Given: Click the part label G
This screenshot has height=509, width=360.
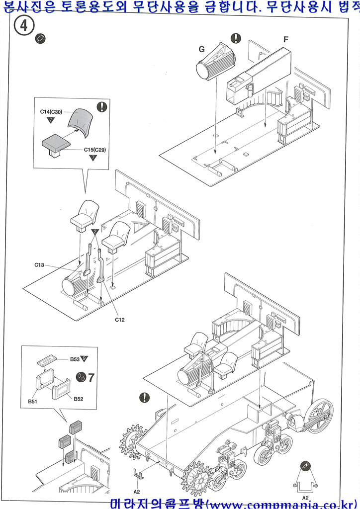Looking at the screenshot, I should point(201,49).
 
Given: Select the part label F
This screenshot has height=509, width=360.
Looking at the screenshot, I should point(285,39).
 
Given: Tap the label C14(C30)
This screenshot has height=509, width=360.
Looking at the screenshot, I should point(51,112).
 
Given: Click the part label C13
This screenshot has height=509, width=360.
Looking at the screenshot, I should point(40,264).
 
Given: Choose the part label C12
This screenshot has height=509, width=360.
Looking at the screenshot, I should point(119,320).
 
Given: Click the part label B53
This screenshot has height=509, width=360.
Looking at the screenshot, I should point(75,358).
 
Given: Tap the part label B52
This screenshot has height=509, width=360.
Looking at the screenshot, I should point(79,399).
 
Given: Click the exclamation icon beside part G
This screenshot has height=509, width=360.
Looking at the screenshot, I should point(236,39).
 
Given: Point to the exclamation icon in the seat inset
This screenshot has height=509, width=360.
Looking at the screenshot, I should point(102,106).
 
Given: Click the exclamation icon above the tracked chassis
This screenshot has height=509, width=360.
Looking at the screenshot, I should point(145,397).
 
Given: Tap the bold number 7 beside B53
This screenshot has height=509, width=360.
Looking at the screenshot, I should point(91,377).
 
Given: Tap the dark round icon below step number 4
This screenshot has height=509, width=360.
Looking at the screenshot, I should point(41,39).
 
